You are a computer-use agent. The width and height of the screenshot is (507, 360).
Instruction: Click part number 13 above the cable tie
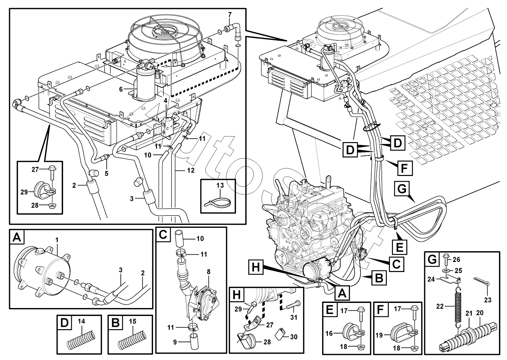220,186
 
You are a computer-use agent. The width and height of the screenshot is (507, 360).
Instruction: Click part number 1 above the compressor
57,240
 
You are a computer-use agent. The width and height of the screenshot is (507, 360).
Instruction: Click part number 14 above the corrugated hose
82,321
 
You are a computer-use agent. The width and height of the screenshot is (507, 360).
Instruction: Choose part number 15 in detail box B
133,321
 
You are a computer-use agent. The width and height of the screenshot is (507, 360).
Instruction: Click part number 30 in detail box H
294,337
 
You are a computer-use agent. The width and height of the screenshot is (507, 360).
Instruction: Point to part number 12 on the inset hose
190,171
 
